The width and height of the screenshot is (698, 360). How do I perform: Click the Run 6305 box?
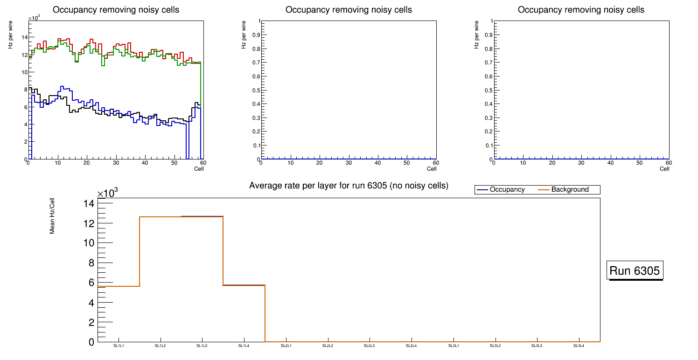(x=635, y=271)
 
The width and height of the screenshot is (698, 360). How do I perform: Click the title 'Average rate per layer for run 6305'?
(x=349, y=186)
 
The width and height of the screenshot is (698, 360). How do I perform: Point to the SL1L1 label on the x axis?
(x=119, y=346)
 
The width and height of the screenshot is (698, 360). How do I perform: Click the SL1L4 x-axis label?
(x=244, y=346)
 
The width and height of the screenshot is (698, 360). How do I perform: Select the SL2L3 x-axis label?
(x=370, y=346)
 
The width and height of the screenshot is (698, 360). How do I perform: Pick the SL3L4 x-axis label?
(x=579, y=346)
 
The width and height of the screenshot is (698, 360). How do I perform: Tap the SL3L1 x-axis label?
(x=454, y=346)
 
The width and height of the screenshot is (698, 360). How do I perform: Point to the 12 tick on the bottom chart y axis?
(x=89, y=223)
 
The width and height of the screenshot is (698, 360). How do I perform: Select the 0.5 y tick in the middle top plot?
(x=256, y=90)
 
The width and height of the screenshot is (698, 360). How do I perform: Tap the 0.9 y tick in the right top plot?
(x=488, y=35)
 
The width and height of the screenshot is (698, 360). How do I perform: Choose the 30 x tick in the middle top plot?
(x=349, y=163)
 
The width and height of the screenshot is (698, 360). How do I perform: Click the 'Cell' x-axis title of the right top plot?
(x=664, y=169)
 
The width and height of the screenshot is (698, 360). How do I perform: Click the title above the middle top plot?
(x=349, y=10)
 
